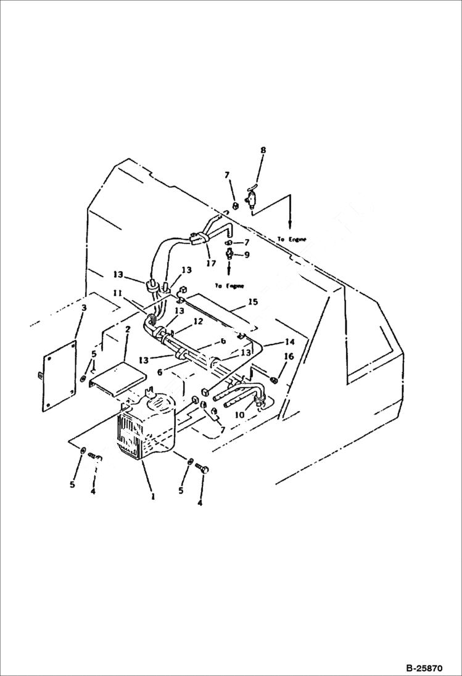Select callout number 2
click(127, 330)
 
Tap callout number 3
click(85, 307)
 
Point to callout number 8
click(263, 150)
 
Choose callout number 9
click(247, 255)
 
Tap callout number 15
click(252, 302)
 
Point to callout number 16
click(288, 357)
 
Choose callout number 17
click(212, 263)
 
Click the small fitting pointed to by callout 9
click(229, 254)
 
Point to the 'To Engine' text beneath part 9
click(229, 286)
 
